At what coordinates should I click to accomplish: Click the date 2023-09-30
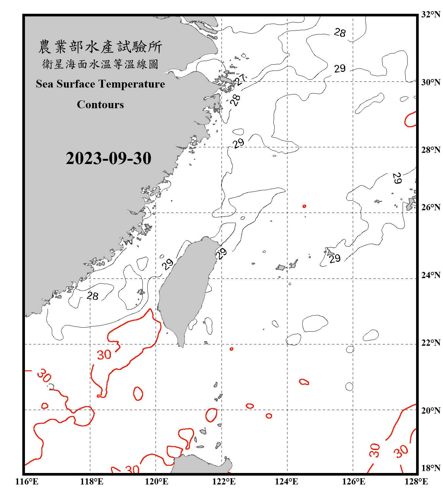(108, 158)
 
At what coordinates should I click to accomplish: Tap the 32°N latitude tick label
(431, 14)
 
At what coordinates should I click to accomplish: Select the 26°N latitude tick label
(431, 207)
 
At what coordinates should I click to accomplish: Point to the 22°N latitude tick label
(431, 343)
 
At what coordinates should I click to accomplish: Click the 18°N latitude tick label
(431, 468)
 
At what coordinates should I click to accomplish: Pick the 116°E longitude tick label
(27, 482)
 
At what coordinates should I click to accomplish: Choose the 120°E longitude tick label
(157, 482)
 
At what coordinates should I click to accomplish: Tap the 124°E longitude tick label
(286, 482)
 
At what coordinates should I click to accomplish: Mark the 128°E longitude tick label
(416, 482)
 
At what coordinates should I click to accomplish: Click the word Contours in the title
(100, 105)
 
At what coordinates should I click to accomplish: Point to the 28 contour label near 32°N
(340, 32)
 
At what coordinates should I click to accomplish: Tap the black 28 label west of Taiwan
(93, 296)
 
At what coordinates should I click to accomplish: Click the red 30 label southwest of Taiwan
(104, 355)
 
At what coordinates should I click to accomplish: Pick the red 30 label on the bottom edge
(132, 469)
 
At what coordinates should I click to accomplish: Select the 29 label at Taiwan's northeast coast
(221, 254)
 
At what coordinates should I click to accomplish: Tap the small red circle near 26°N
(304, 206)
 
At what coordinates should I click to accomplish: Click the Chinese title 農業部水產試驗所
(100, 47)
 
